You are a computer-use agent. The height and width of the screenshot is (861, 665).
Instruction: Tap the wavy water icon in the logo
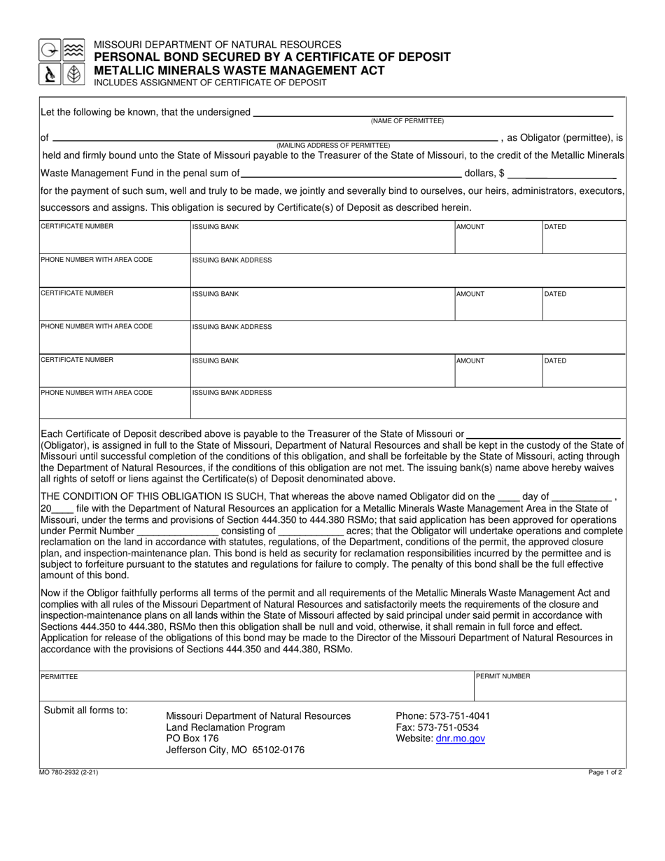[73, 50]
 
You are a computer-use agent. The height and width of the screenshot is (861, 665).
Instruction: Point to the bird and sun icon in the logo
[50, 50]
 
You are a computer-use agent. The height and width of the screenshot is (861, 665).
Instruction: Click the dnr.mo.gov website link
[460, 738]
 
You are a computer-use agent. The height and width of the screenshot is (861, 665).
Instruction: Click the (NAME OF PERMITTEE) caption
[407, 121]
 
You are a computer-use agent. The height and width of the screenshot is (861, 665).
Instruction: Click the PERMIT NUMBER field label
[503, 677]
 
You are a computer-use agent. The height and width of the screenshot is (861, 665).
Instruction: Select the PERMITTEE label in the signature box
[59, 677]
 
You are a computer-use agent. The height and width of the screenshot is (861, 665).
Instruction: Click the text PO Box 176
[192, 738]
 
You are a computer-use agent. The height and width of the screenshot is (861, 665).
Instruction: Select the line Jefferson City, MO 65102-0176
[235, 750]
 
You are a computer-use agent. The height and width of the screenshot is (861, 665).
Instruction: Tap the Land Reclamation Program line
[225, 727]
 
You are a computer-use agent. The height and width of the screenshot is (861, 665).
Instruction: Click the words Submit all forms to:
[86, 710]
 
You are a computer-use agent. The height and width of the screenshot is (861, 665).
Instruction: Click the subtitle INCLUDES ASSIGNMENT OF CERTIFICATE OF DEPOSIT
[210, 83]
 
